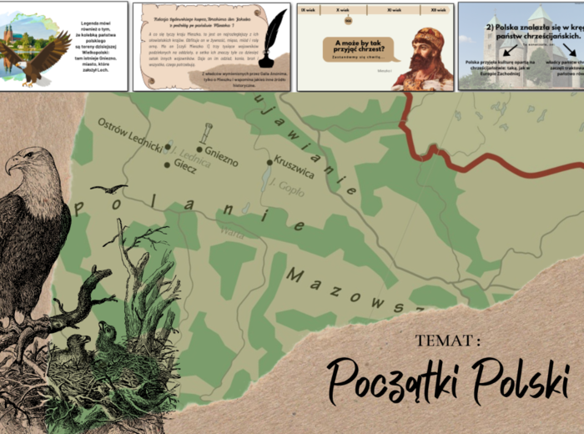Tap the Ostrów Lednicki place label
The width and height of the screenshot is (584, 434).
pos(131,134)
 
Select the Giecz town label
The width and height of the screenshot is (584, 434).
pos(185,166)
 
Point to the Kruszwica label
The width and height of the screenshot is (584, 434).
pos(294,168)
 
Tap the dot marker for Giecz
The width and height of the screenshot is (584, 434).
pos(167,164)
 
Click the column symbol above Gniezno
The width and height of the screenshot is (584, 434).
pos(205,133)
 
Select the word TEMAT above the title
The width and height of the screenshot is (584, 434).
pos(448,341)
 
